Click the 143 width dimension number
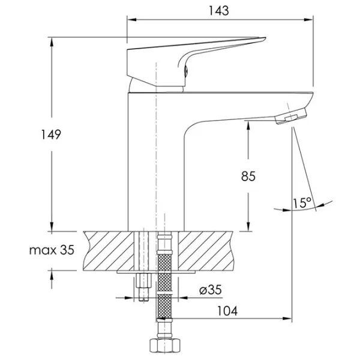218,11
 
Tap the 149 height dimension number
51,134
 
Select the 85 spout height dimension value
248,176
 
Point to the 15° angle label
302,203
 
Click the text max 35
52,250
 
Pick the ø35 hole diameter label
211,290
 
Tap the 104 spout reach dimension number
227,311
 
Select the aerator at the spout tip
291,116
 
